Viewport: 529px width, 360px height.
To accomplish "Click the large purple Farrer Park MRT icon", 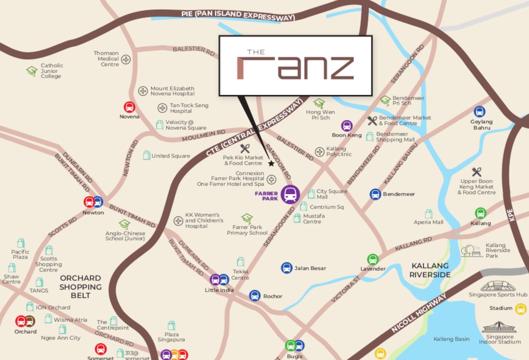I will click(x=290, y=194).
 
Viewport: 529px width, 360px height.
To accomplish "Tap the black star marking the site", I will click(x=271, y=163).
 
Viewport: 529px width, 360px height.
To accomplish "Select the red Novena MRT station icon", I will click(x=129, y=107).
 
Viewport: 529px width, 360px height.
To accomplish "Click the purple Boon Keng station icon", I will click(x=347, y=126).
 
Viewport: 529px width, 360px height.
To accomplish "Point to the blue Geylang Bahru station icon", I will click(x=480, y=111).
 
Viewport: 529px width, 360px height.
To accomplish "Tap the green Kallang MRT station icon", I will click(x=481, y=213).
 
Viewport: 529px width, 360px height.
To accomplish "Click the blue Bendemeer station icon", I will click(x=375, y=194).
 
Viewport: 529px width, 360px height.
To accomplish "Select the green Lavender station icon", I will click(x=373, y=259).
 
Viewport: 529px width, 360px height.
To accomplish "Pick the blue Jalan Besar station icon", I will click(x=287, y=267).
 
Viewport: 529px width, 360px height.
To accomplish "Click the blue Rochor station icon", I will click(x=255, y=295).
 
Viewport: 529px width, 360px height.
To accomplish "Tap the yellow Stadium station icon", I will click(x=521, y=308).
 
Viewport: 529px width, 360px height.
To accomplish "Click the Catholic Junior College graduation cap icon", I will click(x=31, y=71).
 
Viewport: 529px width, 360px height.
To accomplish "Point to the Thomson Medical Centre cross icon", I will click(x=126, y=59).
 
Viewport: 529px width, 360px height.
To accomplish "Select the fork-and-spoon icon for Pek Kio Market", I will click(x=245, y=148).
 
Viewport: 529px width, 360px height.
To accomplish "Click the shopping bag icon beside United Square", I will click(x=146, y=155).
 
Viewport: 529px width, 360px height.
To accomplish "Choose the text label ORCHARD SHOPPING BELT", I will click(x=81, y=286).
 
